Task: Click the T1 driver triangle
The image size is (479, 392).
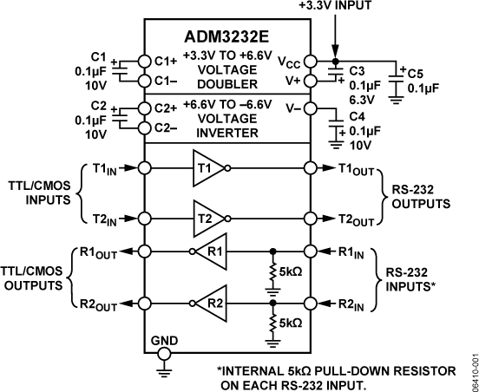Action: (x=209, y=167)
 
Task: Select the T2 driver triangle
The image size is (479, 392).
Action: (x=209, y=218)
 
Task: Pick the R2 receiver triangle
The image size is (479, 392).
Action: (x=208, y=304)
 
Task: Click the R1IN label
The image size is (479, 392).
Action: (x=347, y=253)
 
